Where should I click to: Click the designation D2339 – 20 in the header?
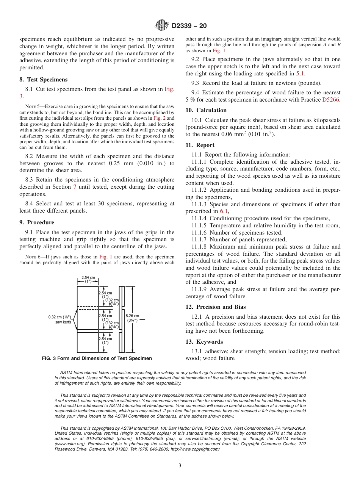click(x=189, y=26)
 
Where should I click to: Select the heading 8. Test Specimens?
click(x=44, y=80)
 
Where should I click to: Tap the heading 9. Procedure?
click(x=37, y=222)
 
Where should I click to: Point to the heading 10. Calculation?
click(x=206, y=110)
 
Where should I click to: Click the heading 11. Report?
click(x=200, y=145)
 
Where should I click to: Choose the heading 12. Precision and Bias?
click(x=216, y=307)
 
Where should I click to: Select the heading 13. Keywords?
click(x=204, y=342)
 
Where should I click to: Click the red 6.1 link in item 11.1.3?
click(x=224, y=211)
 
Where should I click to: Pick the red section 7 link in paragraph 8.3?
click(x=75, y=187)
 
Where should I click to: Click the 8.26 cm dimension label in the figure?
click(x=140, y=316)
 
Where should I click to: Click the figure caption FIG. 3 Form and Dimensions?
click(x=97, y=358)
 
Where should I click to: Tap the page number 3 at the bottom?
click(x=180, y=466)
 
